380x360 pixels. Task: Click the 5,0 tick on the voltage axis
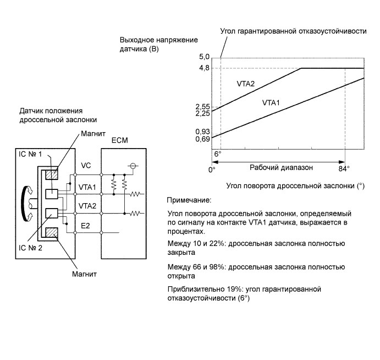pyautogui.click(x=203, y=57)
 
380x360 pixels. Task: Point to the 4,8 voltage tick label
pyautogui.click(x=203, y=68)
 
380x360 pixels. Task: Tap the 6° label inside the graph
pyautogui.click(x=218, y=154)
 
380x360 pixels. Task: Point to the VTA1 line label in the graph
pyautogui.click(x=272, y=102)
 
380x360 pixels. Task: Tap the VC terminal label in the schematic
pyautogui.click(x=85, y=165)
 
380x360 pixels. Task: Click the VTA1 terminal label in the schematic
pyautogui.click(x=87, y=187)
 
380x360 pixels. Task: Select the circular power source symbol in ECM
pyautogui.click(x=132, y=165)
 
